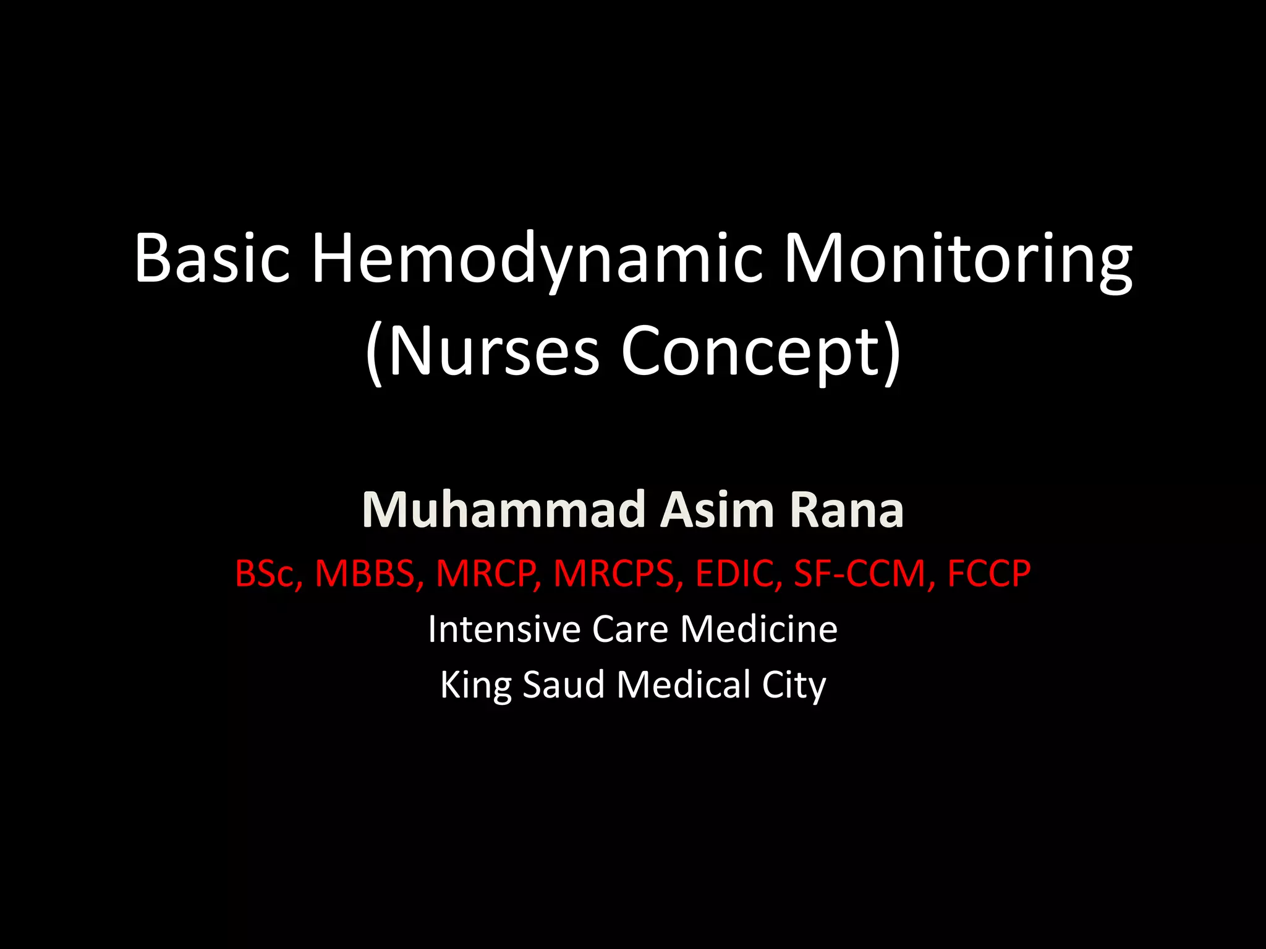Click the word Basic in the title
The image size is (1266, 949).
tap(212, 258)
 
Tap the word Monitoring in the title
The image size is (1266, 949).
tap(958, 258)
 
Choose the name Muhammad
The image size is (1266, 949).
tap(504, 510)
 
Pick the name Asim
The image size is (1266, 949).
tap(718, 510)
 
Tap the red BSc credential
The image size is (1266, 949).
tap(267, 573)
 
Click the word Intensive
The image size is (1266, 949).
tap(504, 629)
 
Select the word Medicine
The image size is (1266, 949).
tap(759, 629)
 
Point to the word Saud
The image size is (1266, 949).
tap(563, 685)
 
